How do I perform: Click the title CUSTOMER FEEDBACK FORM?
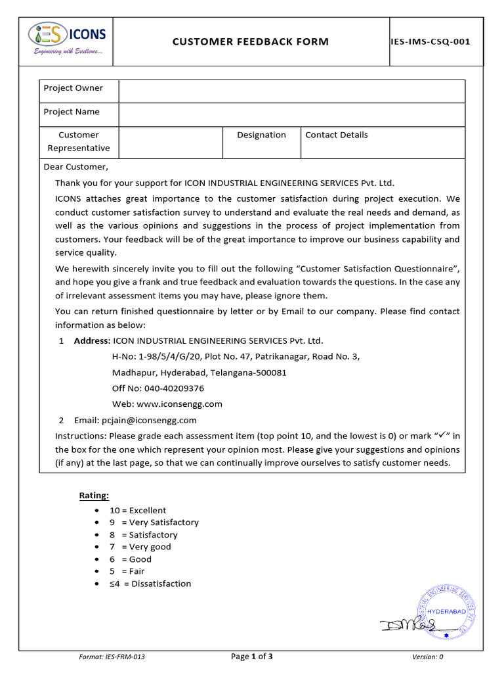coord(251,42)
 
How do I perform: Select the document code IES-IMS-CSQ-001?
coord(436,42)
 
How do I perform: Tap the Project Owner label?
coord(73,88)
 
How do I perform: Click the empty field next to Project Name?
coord(291,112)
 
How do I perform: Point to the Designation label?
coord(262,135)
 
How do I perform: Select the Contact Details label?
coord(337,135)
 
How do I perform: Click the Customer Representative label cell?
coord(79,142)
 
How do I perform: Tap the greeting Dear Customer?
coord(75,167)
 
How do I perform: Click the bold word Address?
coord(93,341)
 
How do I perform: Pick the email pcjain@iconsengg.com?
coord(149,421)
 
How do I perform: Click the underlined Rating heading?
coord(94,495)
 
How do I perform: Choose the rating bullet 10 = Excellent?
coord(138,511)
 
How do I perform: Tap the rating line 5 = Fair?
coord(127,571)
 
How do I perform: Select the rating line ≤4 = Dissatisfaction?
coord(150,584)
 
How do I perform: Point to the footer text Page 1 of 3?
coord(252,657)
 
